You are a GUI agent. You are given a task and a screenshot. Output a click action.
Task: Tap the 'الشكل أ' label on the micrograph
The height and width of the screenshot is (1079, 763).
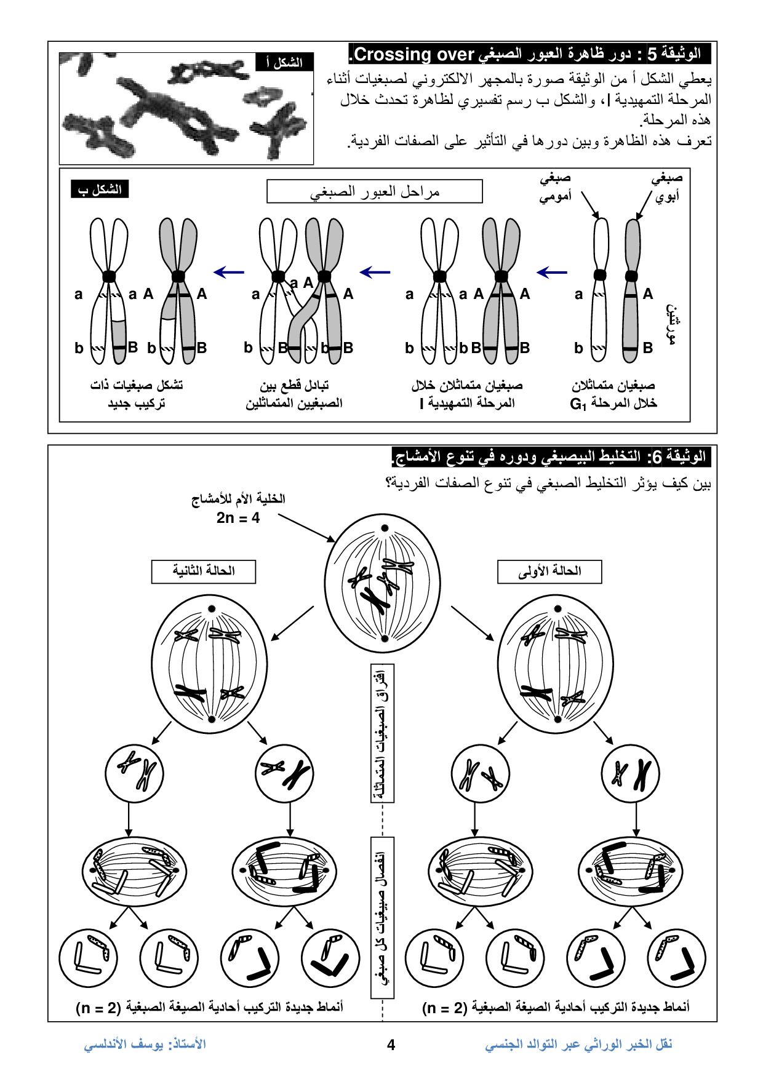point(284,63)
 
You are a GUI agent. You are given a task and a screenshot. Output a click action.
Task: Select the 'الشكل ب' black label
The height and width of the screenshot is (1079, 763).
point(100,189)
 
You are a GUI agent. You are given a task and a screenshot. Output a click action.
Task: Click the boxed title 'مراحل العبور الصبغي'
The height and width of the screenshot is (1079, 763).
point(374,191)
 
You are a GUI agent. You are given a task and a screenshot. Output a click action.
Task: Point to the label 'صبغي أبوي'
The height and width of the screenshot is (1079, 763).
point(667,188)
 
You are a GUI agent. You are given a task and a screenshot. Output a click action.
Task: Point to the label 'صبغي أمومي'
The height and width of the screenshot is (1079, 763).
point(555,188)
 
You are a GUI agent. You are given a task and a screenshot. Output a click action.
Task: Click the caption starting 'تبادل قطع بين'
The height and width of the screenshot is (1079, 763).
point(294,394)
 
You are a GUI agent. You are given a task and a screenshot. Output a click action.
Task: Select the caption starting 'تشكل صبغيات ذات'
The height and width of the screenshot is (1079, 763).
point(136,394)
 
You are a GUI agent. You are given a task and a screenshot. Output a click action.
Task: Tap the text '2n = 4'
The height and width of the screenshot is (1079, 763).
point(238,518)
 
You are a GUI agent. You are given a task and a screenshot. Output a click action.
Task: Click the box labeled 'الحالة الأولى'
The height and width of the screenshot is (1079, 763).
point(549,571)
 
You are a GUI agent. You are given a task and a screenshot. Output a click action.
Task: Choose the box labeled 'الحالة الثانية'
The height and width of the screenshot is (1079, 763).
point(204,571)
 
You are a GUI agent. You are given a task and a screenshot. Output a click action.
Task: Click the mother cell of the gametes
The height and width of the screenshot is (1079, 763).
point(382,583)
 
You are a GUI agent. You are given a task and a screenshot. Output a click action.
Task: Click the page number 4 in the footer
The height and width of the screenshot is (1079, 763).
point(391,1045)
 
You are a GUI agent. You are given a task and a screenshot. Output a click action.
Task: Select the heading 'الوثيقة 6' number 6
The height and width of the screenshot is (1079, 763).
point(657,457)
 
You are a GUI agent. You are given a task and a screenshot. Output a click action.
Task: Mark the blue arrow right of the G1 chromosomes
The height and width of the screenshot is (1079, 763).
point(552,271)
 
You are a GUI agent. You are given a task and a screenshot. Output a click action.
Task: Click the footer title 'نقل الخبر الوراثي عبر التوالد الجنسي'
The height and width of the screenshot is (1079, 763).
point(578,1044)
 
